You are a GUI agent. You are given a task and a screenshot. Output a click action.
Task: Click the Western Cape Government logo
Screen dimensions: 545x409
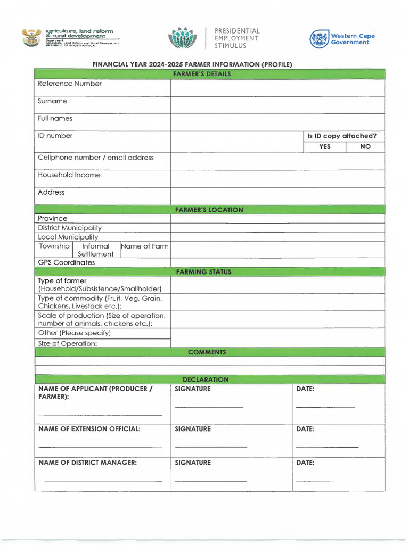click(x=342, y=39)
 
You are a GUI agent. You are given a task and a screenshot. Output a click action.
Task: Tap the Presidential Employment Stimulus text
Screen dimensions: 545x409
click(x=237, y=38)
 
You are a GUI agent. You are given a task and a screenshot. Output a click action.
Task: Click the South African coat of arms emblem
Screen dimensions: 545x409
click(x=31, y=38)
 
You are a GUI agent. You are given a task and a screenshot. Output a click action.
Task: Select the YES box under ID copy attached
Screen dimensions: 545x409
click(x=324, y=147)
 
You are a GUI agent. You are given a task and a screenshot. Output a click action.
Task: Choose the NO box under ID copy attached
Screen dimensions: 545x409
click(x=365, y=147)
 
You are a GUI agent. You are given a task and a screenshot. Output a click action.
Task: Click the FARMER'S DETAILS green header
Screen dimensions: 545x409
click(x=209, y=74)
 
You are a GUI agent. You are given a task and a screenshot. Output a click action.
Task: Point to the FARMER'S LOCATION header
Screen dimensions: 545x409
click(x=209, y=210)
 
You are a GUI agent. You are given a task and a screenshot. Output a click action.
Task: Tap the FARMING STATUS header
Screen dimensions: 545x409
click(x=209, y=272)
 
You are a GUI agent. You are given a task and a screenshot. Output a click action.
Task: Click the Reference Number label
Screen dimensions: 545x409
click(x=70, y=84)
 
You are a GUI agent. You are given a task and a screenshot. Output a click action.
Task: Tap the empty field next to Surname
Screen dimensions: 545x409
click(x=277, y=105)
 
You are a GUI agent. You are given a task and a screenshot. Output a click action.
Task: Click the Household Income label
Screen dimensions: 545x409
click(x=69, y=175)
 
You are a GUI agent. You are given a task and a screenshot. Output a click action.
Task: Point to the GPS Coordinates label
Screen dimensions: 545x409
click(x=67, y=262)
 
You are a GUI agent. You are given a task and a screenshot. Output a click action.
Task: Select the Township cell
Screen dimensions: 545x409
click(x=54, y=246)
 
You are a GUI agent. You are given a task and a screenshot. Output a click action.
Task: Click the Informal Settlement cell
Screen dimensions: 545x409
click(x=96, y=250)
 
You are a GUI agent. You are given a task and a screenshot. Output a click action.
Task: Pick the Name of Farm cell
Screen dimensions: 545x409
click(x=145, y=246)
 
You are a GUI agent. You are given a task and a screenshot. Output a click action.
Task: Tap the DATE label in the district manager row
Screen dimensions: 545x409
click(x=305, y=463)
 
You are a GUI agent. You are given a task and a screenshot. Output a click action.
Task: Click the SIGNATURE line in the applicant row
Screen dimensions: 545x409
click(x=209, y=407)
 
